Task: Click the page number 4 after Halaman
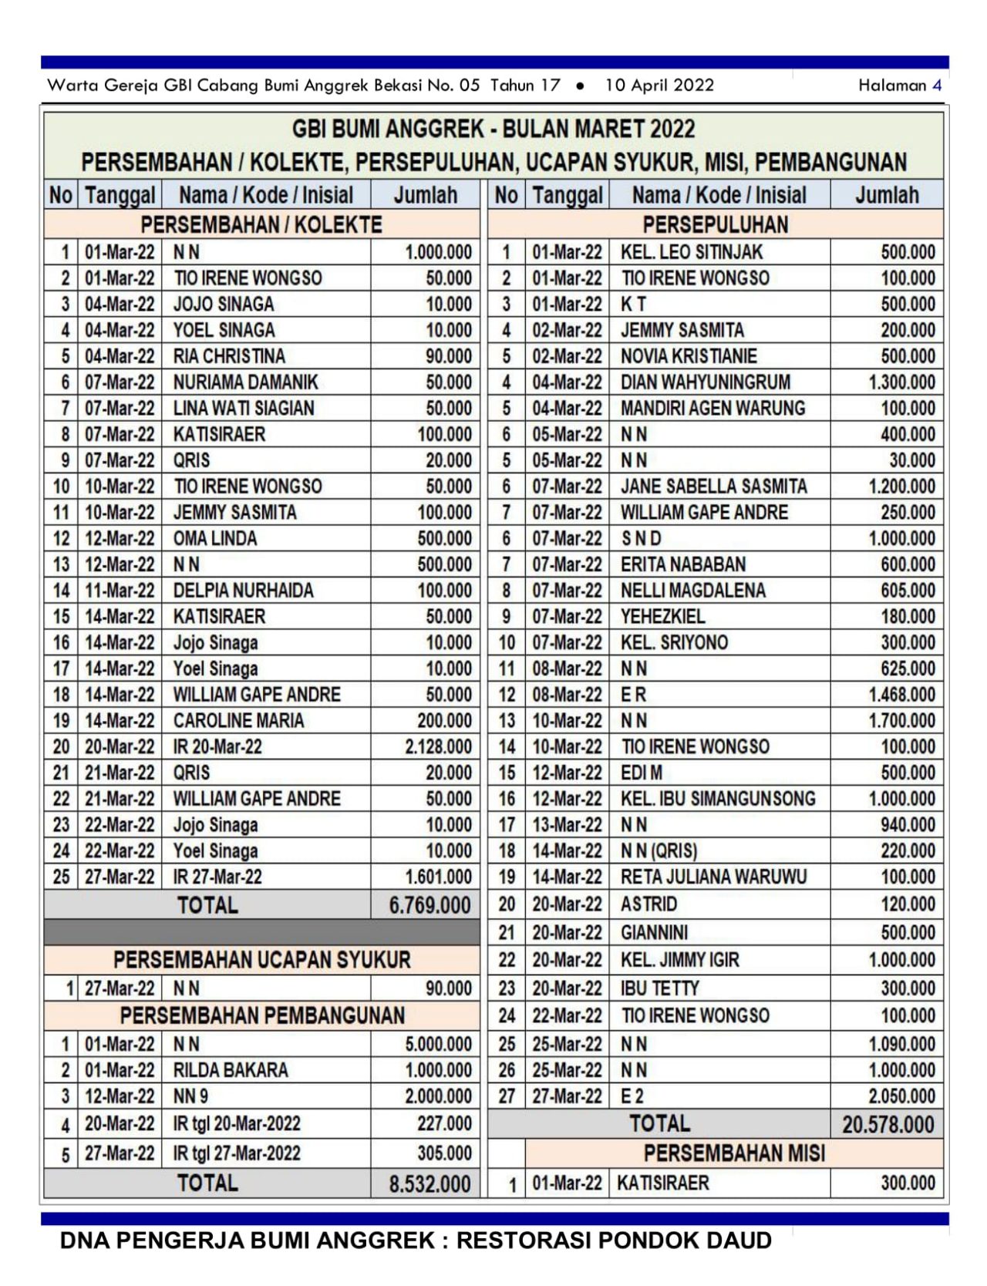click(x=937, y=86)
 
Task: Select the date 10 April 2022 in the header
click(x=659, y=86)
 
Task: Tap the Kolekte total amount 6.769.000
click(x=429, y=905)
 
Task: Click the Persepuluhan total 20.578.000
click(x=888, y=1124)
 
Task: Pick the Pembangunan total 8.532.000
click(x=429, y=1183)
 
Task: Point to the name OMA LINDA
click(x=215, y=538)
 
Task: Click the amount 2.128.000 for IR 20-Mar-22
click(x=438, y=746)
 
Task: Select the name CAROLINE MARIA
click(x=238, y=720)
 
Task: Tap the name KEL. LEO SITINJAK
click(x=691, y=252)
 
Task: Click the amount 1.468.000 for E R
click(x=901, y=695)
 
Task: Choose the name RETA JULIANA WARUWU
click(x=713, y=877)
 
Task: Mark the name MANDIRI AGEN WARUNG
click(x=712, y=408)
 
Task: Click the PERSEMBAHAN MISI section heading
click(x=734, y=1153)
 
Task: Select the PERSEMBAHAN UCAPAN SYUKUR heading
click(x=261, y=960)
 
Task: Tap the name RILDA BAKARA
click(x=231, y=1070)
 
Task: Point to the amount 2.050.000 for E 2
click(x=901, y=1096)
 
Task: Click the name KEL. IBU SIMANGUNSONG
click(x=718, y=799)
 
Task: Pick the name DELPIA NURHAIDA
click(x=243, y=591)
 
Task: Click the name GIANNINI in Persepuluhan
click(x=654, y=932)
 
